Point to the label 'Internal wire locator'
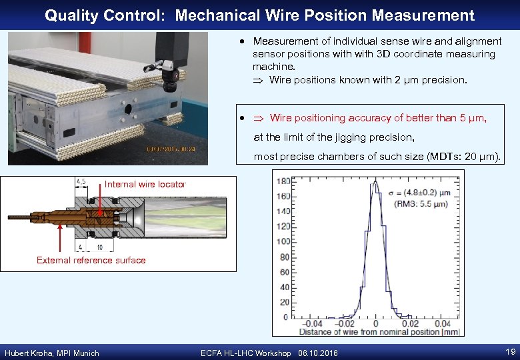click(x=145, y=184)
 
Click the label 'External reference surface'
click(x=91, y=260)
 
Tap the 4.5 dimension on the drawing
click(x=81, y=181)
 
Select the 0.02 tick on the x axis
click(x=409, y=323)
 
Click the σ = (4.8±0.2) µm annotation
click(x=419, y=193)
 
